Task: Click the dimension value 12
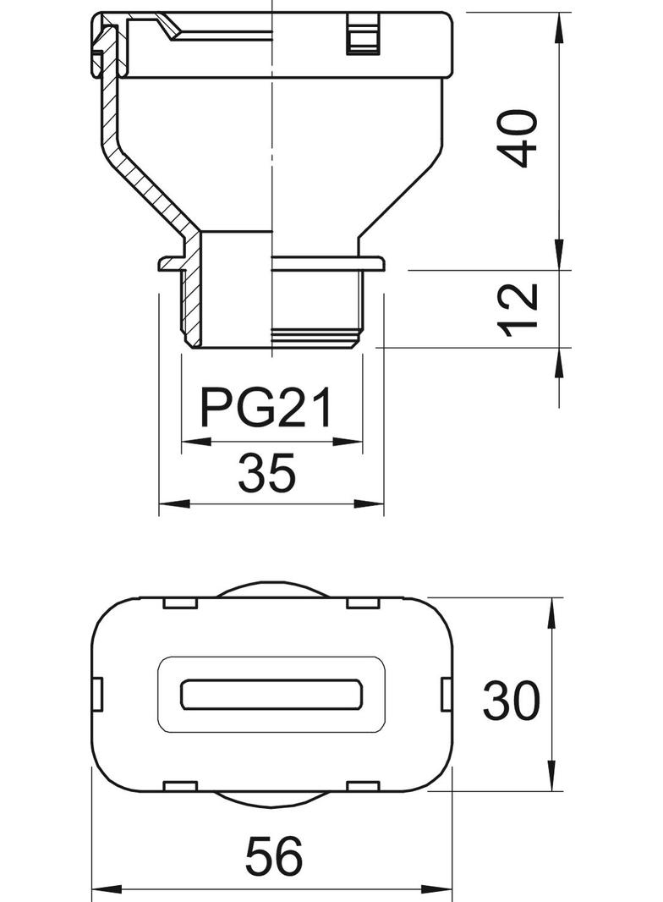coord(518,309)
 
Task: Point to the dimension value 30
coord(511,701)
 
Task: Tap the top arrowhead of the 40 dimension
coord(560,25)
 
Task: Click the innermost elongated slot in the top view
coord(272,694)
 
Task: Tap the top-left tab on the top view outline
coord(178,602)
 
